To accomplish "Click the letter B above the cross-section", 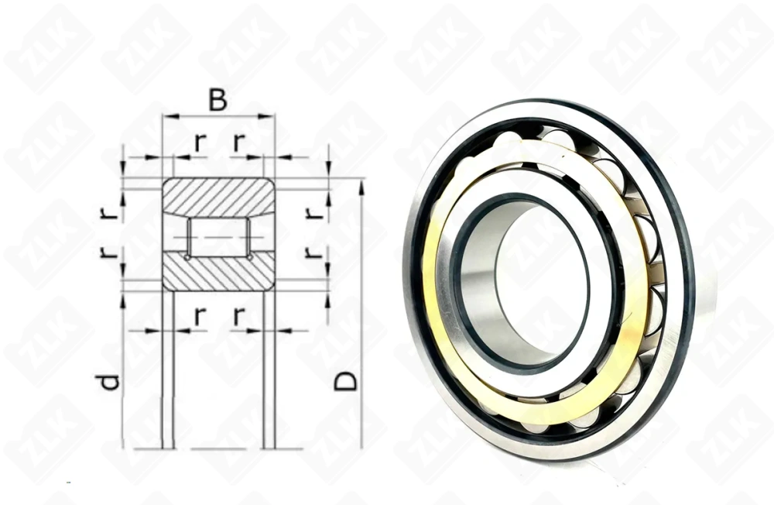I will point(218,101).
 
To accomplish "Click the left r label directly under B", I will point(200,142).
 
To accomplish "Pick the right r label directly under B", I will point(239,142).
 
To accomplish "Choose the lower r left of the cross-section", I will point(111,252).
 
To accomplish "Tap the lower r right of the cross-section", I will point(312,252).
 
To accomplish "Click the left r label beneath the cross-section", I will point(200,315).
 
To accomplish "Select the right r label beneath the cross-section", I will point(239,315).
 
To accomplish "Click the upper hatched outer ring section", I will point(218,196).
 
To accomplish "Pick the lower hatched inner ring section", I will point(218,272).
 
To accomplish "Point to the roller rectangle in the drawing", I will point(218,236).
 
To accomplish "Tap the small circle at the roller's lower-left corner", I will point(187,256).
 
